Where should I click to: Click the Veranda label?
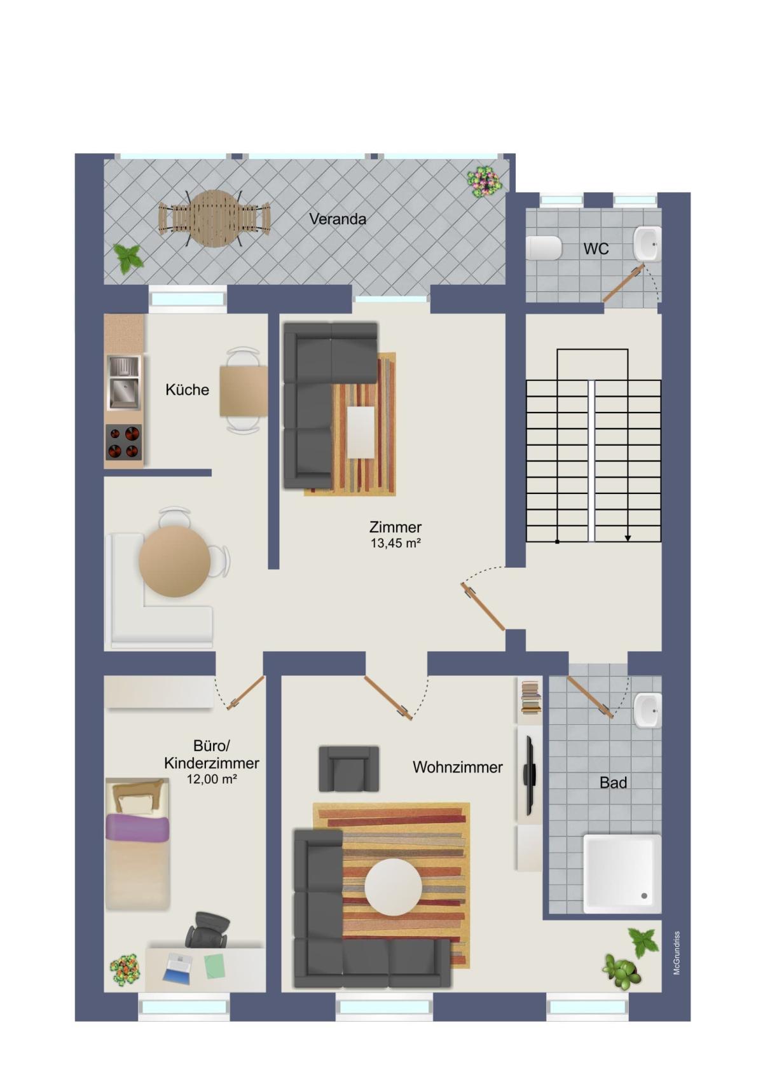click(x=337, y=219)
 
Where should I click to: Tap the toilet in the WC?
click(x=544, y=248)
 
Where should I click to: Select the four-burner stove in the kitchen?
click(x=124, y=442)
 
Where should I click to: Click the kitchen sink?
click(x=123, y=383)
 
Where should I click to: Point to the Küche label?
click(x=188, y=389)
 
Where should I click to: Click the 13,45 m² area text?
click(x=395, y=544)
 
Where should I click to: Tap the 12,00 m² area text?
click(x=212, y=779)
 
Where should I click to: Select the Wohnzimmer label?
click(x=458, y=767)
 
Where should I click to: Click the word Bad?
click(x=613, y=782)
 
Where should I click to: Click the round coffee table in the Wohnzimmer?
click(x=393, y=887)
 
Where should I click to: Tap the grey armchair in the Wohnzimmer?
click(x=348, y=768)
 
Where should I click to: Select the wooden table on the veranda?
click(x=214, y=219)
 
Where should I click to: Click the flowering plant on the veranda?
click(x=484, y=181)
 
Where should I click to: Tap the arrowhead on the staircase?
click(x=628, y=538)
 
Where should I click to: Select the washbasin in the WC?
click(x=647, y=244)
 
